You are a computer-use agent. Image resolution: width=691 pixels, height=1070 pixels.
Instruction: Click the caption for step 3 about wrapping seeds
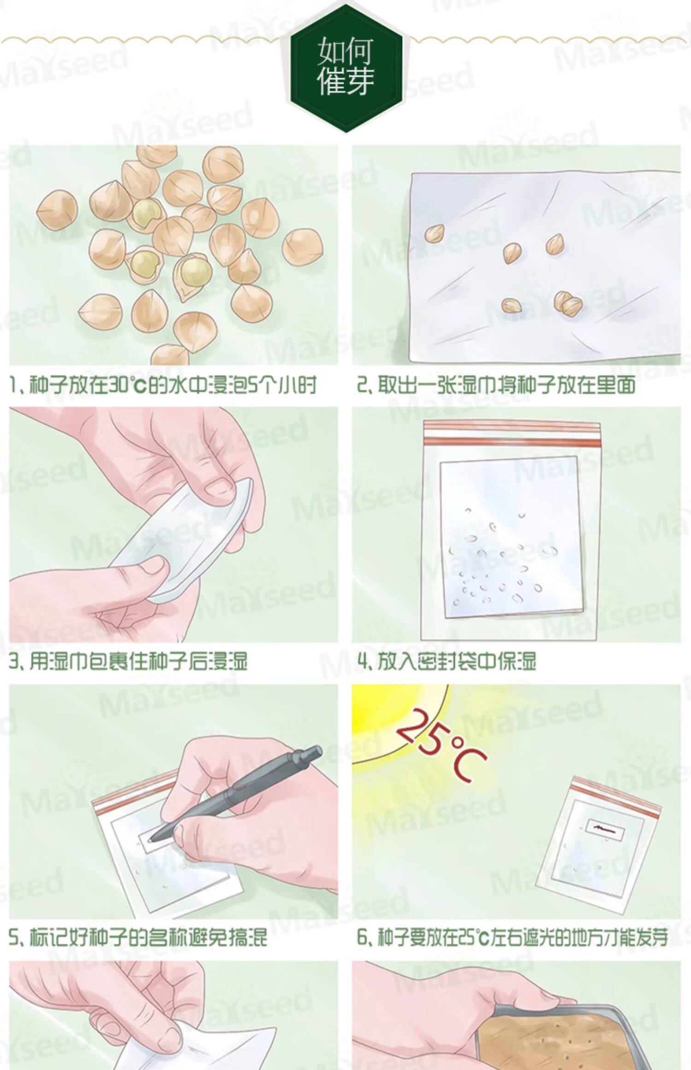coord(128,662)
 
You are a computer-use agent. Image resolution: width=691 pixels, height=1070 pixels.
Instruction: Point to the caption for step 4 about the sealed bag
coord(447,662)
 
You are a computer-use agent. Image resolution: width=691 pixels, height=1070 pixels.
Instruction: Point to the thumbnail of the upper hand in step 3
coord(217,485)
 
